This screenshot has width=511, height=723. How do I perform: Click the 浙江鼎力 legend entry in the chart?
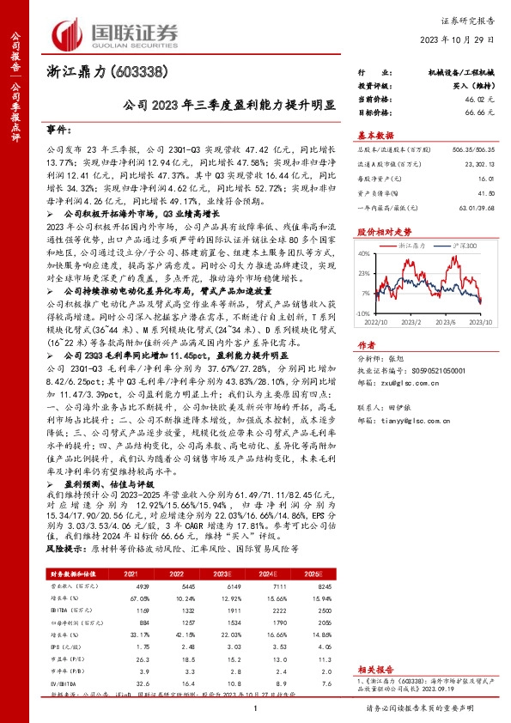pyautogui.click(x=413, y=246)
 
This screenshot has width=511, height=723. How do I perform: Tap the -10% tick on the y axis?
pyautogui.click(x=364, y=315)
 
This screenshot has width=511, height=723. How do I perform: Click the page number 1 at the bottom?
pyautogui.click(x=255, y=708)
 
